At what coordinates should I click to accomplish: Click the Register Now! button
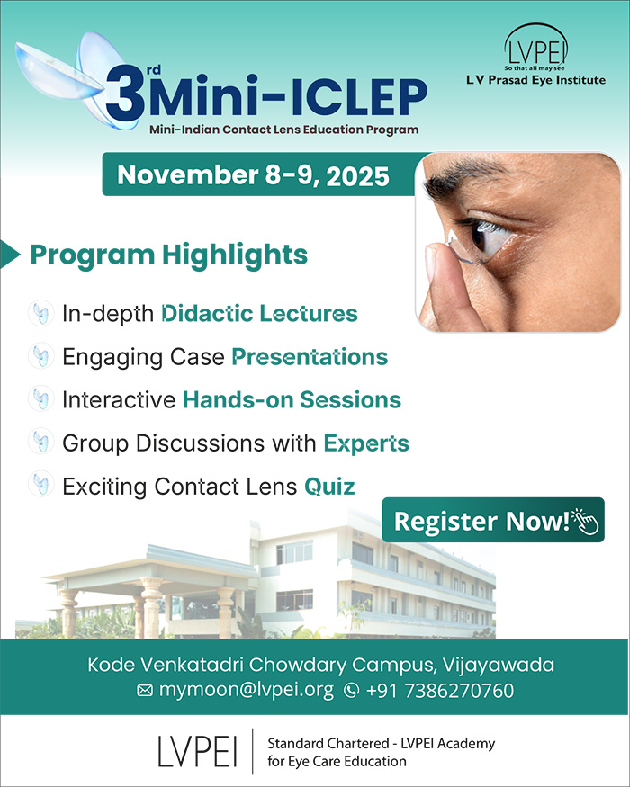493,520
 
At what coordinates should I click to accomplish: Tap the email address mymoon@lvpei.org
247,690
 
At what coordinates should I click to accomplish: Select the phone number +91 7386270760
440,691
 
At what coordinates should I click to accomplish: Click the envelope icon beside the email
145,691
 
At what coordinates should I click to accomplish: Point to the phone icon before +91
351,691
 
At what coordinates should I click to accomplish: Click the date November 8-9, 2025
253,175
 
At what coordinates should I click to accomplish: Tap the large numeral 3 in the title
124,94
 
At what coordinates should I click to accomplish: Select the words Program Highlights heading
169,255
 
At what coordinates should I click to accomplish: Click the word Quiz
329,487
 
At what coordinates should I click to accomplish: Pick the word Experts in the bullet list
366,443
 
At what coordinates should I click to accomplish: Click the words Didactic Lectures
259,313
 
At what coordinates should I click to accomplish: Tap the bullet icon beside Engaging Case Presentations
40,356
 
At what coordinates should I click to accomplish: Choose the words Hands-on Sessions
292,400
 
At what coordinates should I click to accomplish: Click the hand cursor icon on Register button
585,521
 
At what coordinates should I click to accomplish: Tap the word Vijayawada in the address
499,665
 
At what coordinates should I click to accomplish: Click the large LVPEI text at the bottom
197,751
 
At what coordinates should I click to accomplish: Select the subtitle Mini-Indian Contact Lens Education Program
283,130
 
